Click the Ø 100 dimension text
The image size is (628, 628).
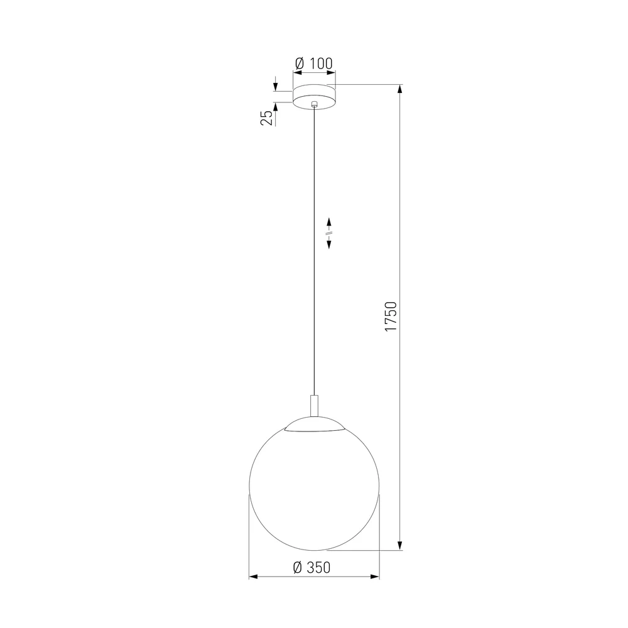[313, 63]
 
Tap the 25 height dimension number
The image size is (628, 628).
[267, 117]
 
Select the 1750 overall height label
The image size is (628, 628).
[391, 317]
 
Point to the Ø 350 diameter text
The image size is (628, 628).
[311, 568]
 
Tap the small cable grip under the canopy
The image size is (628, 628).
[315, 107]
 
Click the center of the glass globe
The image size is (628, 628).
[315, 484]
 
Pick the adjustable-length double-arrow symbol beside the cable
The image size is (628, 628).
[329, 234]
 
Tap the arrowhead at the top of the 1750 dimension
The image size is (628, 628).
[401, 90]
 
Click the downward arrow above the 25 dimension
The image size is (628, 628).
[275, 83]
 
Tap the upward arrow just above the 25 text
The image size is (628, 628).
[275, 104]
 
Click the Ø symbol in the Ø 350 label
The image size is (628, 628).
[298, 568]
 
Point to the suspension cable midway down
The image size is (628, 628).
[315, 251]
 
